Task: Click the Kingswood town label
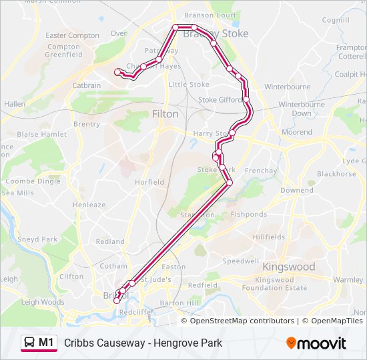tap(289, 267)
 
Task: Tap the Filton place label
tap(165, 114)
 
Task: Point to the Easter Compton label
tap(73, 35)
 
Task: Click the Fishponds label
tap(248, 215)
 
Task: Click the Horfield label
tap(149, 182)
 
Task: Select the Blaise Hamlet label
tap(41, 134)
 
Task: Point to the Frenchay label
tap(261, 171)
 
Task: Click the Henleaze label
tap(89, 205)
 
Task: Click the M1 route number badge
tap(46, 343)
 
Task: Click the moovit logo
tap(316, 343)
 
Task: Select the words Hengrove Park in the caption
tap(190, 343)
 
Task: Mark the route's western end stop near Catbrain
tap(118, 72)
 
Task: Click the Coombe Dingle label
tap(33, 181)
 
